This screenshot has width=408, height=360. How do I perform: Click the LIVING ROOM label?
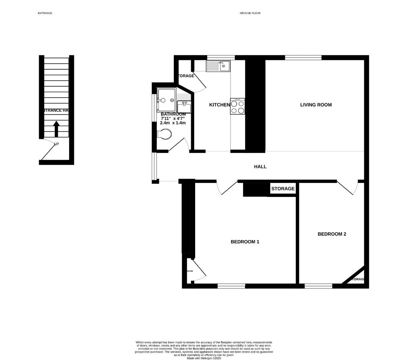[316, 105]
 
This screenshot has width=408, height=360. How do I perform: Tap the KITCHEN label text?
[219, 105]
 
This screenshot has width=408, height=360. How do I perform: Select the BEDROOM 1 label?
[245, 242]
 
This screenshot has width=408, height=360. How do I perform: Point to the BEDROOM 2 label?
[332, 234]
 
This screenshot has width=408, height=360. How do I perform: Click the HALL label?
[260, 167]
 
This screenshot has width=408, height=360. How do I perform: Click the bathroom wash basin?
[184, 107]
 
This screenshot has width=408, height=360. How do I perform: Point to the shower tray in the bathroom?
[166, 100]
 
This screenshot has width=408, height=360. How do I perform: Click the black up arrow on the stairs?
[56, 129]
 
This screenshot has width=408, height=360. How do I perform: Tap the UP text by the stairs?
[56, 144]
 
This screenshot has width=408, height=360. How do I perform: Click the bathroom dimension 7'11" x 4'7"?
[172, 118]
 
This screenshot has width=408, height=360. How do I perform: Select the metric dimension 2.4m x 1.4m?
[172, 123]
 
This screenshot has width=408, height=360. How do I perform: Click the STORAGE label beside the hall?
[283, 189]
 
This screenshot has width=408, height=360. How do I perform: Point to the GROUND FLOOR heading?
[250, 13]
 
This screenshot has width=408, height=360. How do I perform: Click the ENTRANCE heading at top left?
[45, 13]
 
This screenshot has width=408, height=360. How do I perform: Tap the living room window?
[303, 58]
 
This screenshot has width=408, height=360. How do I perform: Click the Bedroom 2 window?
[318, 286]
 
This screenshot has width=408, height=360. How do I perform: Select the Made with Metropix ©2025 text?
[204, 358]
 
